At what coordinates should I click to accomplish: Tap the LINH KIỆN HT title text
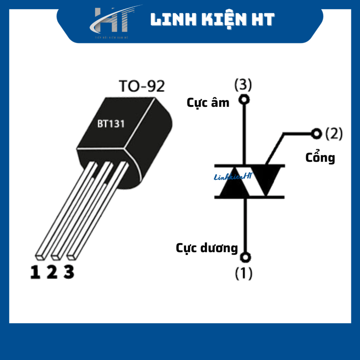(x=212, y=20)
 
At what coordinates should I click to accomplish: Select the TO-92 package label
(x=142, y=86)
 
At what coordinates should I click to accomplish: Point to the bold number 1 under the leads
(x=35, y=272)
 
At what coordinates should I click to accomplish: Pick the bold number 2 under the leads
(x=52, y=272)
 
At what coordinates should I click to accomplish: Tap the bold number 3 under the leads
(x=69, y=272)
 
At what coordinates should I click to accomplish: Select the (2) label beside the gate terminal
(x=334, y=134)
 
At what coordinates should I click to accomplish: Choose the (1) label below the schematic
(x=244, y=274)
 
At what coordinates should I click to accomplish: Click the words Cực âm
(x=208, y=103)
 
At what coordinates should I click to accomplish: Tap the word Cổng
(x=320, y=157)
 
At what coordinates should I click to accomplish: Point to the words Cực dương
(x=207, y=248)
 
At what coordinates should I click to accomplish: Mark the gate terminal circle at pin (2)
(x=317, y=134)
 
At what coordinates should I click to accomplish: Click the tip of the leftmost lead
(x=41, y=256)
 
